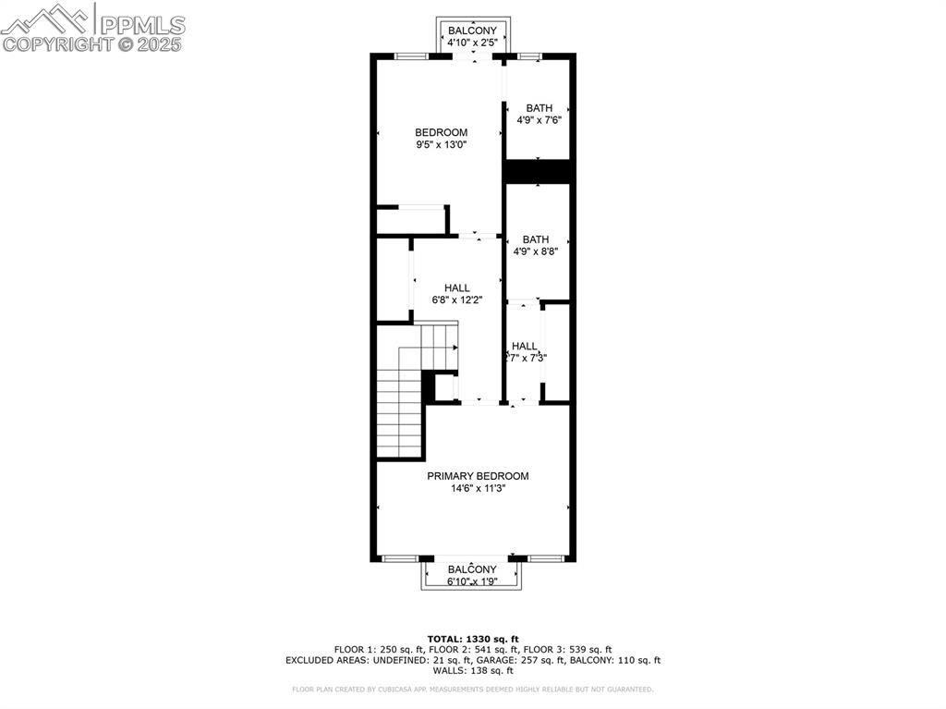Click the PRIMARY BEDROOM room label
click(x=478, y=476)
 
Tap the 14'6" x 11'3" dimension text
click(x=478, y=489)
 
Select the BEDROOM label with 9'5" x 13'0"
click(x=441, y=132)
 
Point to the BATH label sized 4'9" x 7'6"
click(x=540, y=108)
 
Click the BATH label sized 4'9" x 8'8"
click(x=536, y=239)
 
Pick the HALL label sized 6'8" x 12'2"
click(x=456, y=287)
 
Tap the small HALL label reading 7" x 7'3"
click(x=525, y=347)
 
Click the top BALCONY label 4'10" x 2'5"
click(x=472, y=31)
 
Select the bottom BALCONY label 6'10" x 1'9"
click(x=472, y=569)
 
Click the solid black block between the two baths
click(x=540, y=172)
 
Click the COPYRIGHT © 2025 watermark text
click(x=92, y=43)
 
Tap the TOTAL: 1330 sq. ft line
click(x=473, y=639)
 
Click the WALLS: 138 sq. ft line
click(x=473, y=671)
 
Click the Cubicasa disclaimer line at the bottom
click(x=473, y=689)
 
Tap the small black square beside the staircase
click(x=429, y=385)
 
